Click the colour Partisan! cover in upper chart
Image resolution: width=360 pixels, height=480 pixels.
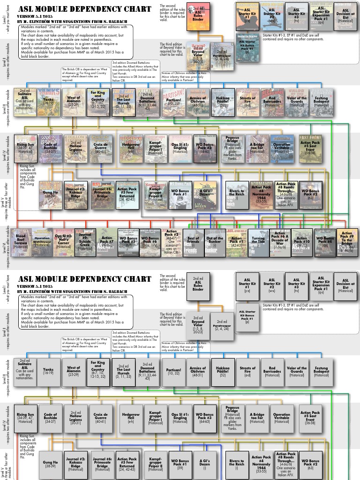tap(173, 102)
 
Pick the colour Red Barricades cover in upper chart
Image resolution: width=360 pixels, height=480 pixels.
tap(272, 102)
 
